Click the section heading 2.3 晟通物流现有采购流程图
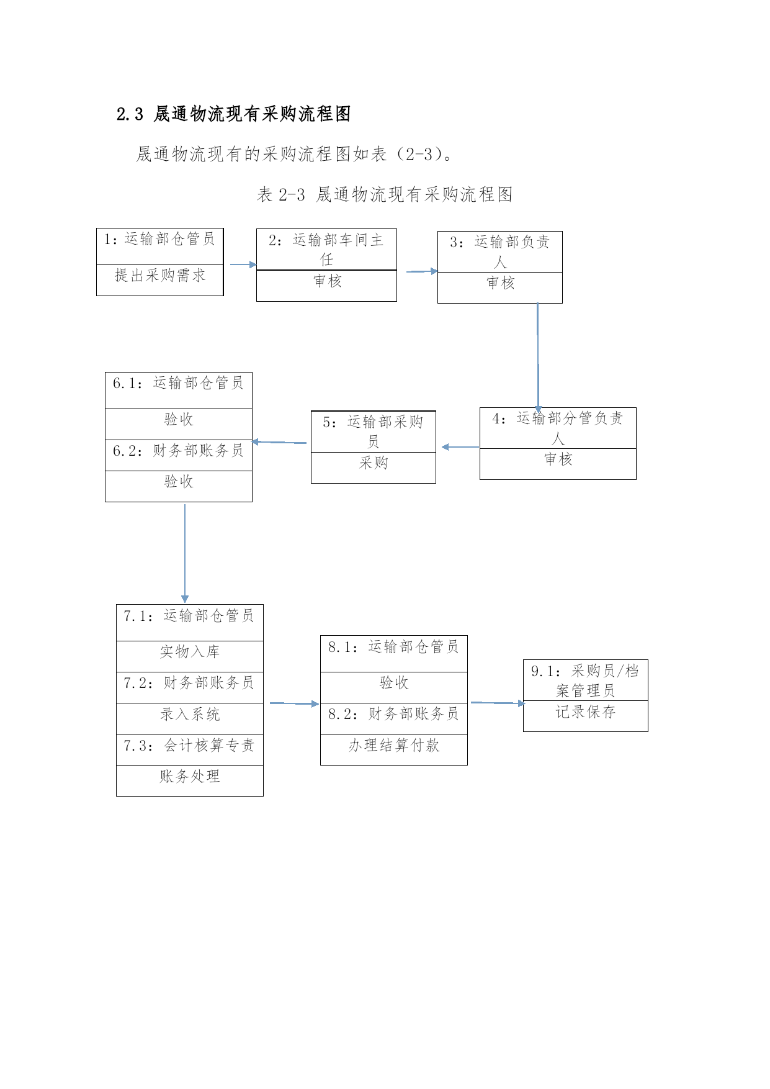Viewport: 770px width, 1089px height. point(234,114)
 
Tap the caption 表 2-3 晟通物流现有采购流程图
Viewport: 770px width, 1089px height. point(385,194)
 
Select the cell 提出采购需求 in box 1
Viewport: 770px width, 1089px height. point(160,276)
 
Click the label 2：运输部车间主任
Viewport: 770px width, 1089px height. point(326,249)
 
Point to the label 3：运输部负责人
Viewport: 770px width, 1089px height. point(500,251)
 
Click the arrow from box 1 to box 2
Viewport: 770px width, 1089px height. point(243,264)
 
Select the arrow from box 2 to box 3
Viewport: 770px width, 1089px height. point(422,271)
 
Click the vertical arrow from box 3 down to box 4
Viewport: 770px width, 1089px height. point(538,358)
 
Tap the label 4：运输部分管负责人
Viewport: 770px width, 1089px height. point(558,428)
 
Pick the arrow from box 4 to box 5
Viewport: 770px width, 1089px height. point(460,447)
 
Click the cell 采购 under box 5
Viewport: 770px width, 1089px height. point(374,463)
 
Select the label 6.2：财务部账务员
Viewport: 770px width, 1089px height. point(179,451)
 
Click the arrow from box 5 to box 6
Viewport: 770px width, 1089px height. point(279,442)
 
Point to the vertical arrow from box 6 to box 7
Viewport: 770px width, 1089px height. point(185,553)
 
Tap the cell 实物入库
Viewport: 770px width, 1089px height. point(190,652)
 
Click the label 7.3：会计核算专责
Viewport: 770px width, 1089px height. point(189,746)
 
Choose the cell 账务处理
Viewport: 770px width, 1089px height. point(190,777)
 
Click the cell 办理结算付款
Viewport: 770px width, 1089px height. point(394,746)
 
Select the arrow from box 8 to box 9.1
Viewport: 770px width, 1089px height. point(498,703)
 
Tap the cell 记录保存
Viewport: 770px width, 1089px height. point(586,712)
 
